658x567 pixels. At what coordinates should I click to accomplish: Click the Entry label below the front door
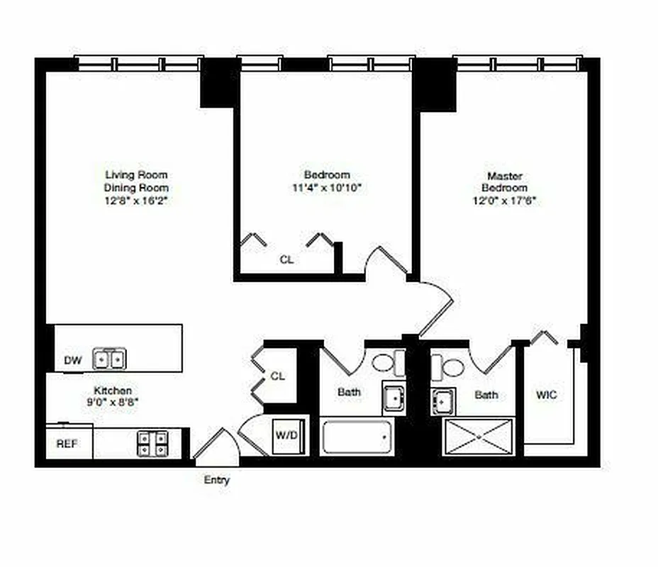click(x=217, y=480)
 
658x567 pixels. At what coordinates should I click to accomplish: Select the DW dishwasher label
click(x=73, y=360)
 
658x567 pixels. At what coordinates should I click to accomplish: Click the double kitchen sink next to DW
click(x=110, y=359)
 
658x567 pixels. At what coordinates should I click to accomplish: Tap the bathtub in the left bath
click(x=357, y=437)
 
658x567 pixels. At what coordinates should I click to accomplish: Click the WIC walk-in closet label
click(x=547, y=395)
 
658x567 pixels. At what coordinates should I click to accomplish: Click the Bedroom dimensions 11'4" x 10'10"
click(x=327, y=188)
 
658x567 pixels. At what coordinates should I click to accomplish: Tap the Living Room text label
click(x=136, y=174)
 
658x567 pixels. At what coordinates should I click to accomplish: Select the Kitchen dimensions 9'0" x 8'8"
click(x=113, y=402)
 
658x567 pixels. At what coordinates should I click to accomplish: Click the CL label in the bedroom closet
click(x=286, y=259)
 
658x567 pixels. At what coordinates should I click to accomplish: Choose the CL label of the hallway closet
click(x=278, y=376)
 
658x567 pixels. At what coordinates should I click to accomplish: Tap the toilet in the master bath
click(x=449, y=366)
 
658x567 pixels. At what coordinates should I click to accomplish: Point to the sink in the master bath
click(x=442, y=401)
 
